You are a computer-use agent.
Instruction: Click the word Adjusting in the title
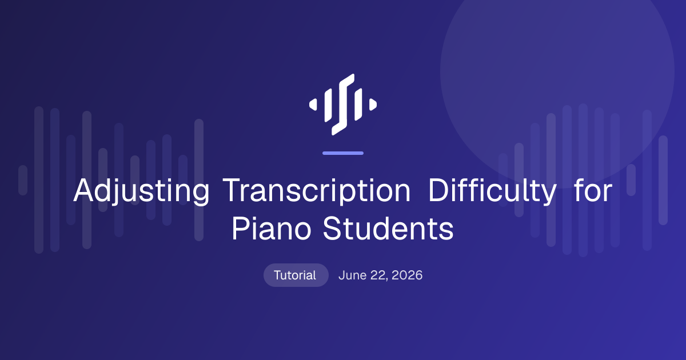click(141, 191)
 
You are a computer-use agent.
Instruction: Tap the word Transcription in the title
click(316, 191)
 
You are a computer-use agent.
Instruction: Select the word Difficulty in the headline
click(492, 190)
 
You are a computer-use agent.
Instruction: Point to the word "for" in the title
click(593, 190)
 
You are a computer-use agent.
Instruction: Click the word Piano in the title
click(272, 229)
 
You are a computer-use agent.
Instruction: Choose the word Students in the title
click(388, 229)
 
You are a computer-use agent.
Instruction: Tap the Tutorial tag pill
click(296, 275)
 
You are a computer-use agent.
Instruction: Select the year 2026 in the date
click(407, 275)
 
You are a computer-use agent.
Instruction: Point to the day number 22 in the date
click(379, 275)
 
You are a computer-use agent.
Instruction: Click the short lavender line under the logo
click(343, 153)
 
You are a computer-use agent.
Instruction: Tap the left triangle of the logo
click(313, 105)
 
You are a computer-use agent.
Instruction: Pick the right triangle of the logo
click(373, 105)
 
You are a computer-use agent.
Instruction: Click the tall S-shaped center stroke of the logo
click(343, 105)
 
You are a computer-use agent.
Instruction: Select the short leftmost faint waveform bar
click(23, 180)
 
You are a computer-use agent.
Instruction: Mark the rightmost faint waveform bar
click(663, 181)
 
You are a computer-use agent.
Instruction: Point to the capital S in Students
click(333, 229)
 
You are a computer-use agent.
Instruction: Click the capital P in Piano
click(241, 229)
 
